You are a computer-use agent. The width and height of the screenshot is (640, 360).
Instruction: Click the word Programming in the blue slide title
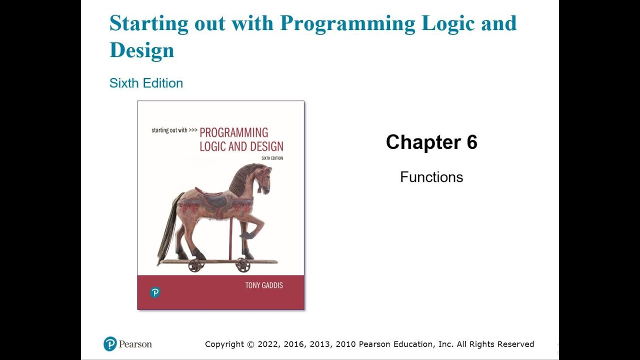(347, 24)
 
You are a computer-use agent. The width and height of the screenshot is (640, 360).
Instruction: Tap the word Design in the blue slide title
(141, 50)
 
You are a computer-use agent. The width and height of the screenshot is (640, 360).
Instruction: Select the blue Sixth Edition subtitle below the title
(146, 83)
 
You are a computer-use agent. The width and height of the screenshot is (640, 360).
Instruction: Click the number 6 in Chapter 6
(472, 142)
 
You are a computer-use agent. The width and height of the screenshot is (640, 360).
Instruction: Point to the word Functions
(431, 177)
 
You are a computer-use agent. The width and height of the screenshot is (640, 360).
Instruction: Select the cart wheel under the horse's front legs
(243, 265)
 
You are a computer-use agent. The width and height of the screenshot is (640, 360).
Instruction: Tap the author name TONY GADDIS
(264, 285)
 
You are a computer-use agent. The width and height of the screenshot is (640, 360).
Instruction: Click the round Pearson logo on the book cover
(155, 292)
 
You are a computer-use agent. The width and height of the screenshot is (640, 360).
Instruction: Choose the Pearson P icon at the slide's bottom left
(110, 344)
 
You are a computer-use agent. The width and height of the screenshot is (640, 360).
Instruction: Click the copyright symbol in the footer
(250, 344)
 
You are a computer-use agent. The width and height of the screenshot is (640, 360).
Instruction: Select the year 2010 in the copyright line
(345, 344)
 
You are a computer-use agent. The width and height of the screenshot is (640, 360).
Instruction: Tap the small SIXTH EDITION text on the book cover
(272, 158)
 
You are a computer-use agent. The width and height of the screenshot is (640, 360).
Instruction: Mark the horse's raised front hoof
(246, 235)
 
